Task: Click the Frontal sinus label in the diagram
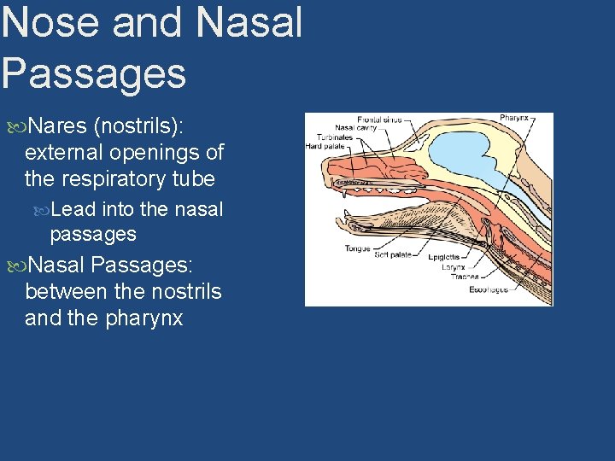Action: (379, 120)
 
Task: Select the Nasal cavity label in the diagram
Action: (356, 128)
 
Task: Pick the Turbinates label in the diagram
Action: (334, 137)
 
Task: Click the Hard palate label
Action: (325, 146)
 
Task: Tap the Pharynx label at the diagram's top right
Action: (513, 118)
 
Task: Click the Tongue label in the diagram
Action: (358, 248)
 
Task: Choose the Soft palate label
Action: (394, 255)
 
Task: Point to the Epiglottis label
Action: (445, 255)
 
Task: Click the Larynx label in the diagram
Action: (454, 266)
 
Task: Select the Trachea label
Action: (465, 276)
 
